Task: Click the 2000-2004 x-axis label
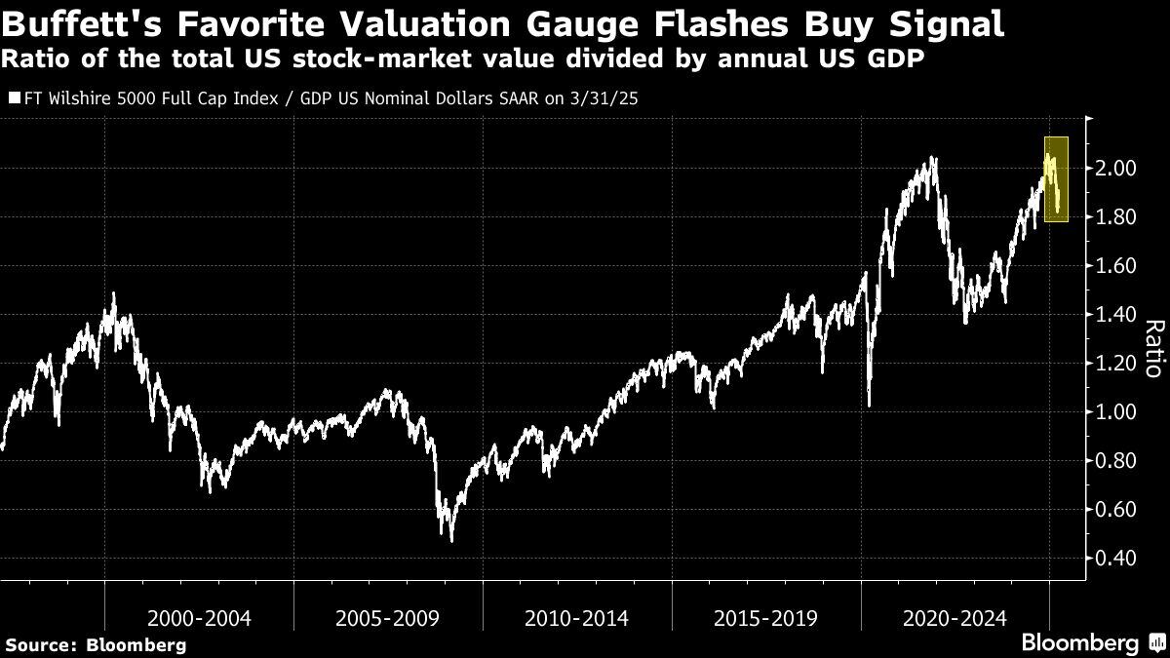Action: [199, 618]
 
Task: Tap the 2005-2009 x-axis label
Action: [388, 618]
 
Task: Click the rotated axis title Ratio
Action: [1153, 349]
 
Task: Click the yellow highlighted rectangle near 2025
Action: [1056, 179]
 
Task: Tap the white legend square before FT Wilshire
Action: [11, 98]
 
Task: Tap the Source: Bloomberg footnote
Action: [96, 644]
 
